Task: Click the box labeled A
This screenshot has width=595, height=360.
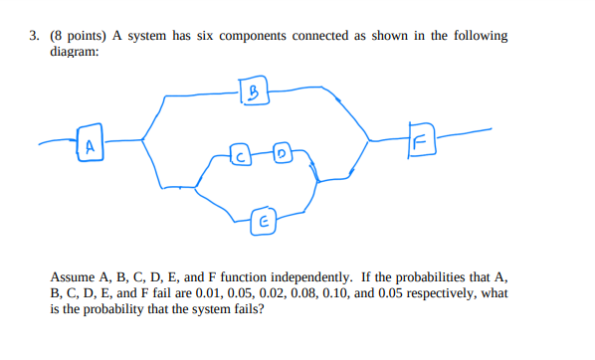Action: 91,146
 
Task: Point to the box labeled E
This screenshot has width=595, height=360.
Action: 263,220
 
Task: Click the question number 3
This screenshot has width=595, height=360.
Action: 33,36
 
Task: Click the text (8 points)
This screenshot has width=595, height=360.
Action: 79,36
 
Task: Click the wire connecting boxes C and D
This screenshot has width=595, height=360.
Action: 261,155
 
